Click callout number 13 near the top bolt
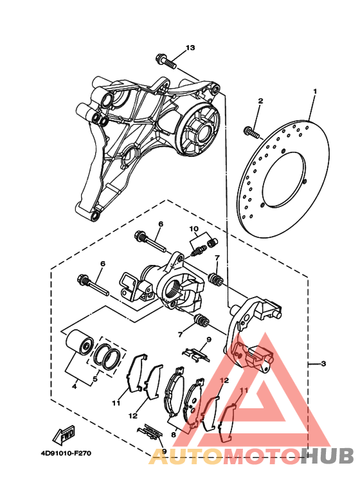190,48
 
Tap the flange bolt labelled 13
166,62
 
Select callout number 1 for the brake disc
315,91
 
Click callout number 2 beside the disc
260,101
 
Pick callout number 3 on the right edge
323,363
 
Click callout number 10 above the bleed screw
194,228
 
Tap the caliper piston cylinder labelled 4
79,342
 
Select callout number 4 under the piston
75,387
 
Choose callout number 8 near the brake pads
174,435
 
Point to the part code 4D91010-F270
66,453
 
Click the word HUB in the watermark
327,456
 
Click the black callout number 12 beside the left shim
133,415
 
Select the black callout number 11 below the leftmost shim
116,403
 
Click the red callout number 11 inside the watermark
244,390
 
